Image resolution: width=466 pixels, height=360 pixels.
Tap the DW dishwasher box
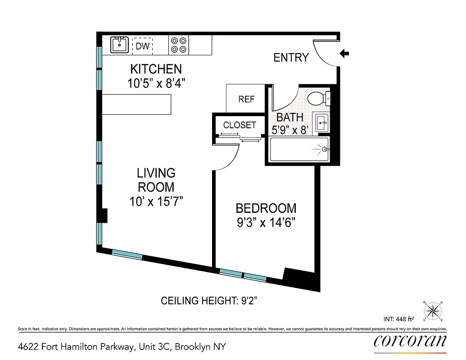[142, 45]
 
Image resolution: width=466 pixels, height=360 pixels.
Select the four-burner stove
[178, 45]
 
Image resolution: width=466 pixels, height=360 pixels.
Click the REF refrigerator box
[246, 99]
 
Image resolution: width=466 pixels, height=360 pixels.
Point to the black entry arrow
[344, 54]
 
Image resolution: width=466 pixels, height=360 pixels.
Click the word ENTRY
[291, 58]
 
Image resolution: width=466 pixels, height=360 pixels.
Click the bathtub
[299, 149]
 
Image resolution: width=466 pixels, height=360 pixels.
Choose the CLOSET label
[240, 125]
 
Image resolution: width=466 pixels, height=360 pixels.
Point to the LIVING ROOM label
[156, 180]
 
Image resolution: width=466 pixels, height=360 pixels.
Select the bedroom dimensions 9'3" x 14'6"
[266, 222]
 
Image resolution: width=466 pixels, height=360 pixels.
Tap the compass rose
[433, 310]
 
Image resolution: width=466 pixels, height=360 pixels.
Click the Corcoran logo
[410, 341]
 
